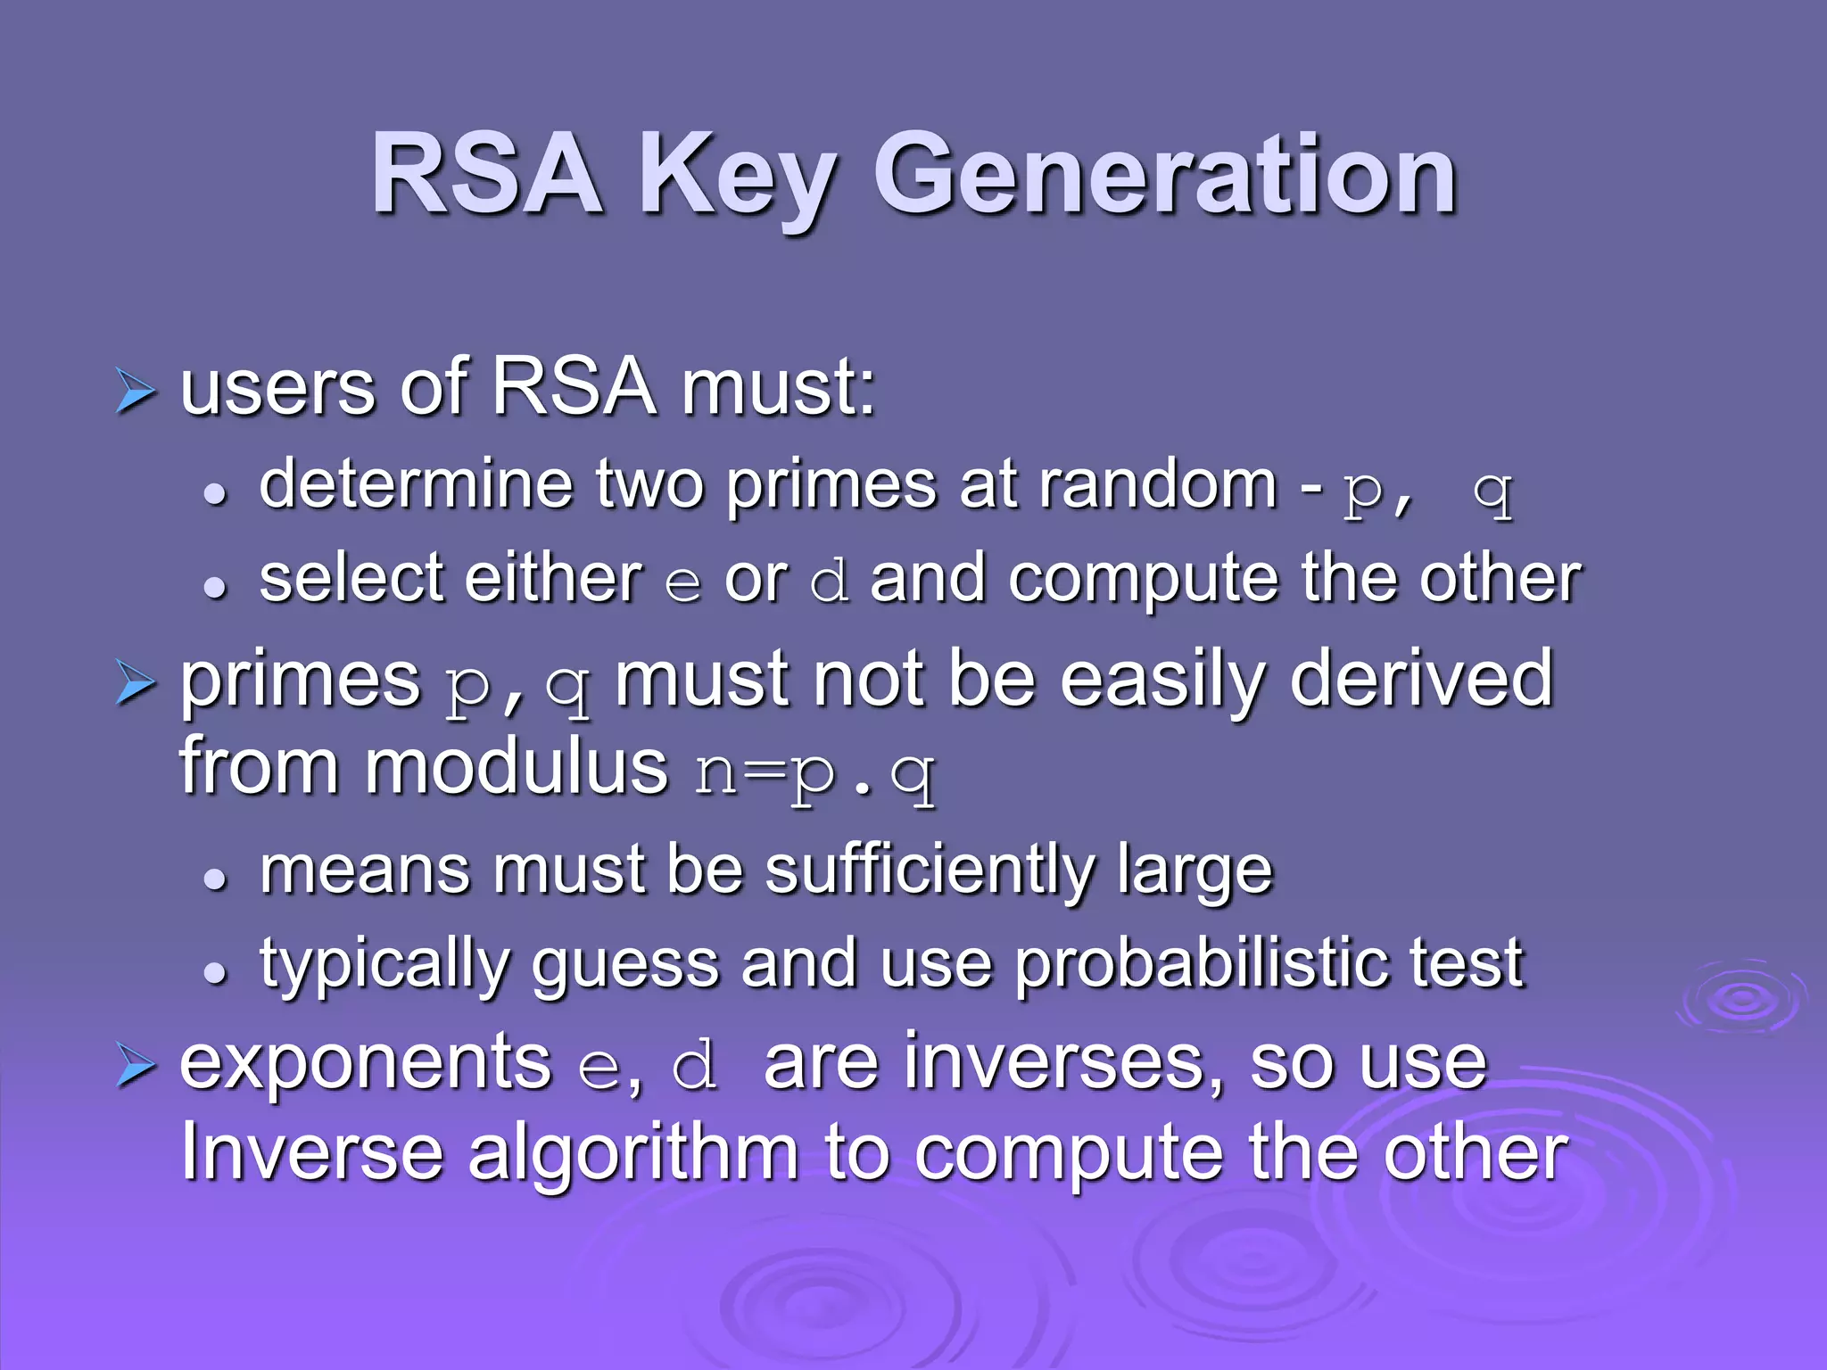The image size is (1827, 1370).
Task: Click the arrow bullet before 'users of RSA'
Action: [x=136, y=392]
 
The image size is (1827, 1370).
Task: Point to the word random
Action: [x=1159, y=485]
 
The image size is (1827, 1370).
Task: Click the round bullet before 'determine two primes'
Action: [x=215, y=493]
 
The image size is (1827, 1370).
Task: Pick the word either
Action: [x=553, y=579]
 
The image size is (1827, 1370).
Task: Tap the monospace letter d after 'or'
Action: [x=829, y=582]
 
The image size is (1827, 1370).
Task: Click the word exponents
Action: [x=366, y=1063]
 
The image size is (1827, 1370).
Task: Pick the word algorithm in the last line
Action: [x=632, y=1156]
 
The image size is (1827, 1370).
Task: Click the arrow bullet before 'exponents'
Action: [x=136, y=1067]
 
